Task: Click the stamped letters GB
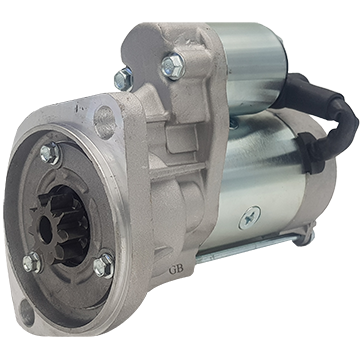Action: pos(176,270)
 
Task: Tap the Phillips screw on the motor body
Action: pos(250,218)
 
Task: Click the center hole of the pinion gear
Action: pos(46,231)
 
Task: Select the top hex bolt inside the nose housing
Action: pos(50,153)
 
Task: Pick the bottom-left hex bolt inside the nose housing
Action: pos(32,262)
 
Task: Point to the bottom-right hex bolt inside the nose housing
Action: pos(104,265)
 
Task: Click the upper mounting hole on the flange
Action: pos(104,122)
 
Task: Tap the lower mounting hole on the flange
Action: pos(27,313)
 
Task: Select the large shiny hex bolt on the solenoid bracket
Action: pos(173,66)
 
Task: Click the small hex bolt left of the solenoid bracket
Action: pos(123,79)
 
